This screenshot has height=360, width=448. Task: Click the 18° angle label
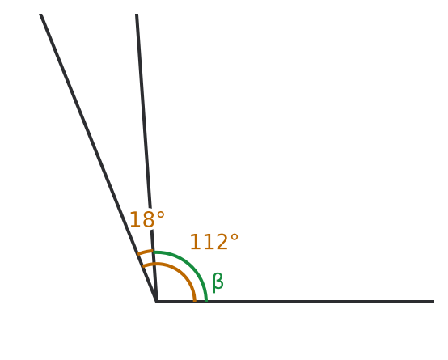(x=147, y=219)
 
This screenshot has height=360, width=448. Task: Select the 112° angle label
(x=213, y=242)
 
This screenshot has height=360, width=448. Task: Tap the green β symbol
(x=218, y=282)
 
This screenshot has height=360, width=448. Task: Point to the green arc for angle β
(x=190, y=265)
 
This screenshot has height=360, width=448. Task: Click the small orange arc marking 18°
(x=146, y=252)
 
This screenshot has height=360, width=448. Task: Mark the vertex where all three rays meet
(x=156, y=302)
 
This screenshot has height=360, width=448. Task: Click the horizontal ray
(x=295, y=302)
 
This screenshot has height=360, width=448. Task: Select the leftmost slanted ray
(x=99, y=158)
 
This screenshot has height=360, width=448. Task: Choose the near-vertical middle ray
(x=146, y=158)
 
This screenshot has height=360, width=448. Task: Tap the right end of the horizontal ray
(x=434, y=302)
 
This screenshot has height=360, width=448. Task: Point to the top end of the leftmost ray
(x=41, y=14)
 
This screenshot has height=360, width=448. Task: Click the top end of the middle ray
(x=137, y=14)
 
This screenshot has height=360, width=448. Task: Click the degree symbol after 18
(x=161, y=215)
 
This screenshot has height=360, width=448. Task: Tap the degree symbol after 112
(x=234, y=238)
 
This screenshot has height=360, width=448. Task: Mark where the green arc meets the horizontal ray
(x=206, y=301)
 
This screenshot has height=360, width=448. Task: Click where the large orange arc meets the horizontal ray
(x=195, y=301)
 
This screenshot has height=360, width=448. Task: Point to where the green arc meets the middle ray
(x=153, y=252)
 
